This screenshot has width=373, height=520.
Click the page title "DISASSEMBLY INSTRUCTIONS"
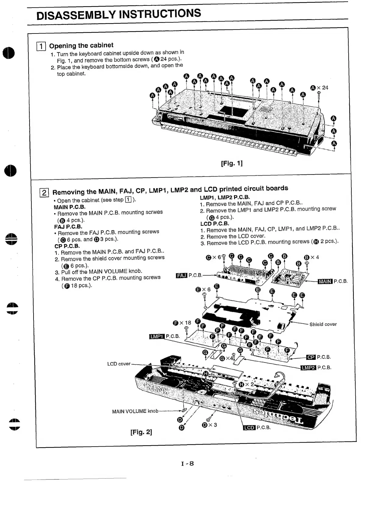tap(119, 14)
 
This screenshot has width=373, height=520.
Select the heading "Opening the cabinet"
tap(81, 46)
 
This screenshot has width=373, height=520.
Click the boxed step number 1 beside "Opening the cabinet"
tap(41, 46)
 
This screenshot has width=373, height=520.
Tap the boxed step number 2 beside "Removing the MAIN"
tap(44, 193)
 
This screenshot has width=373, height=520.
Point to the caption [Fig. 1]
tap(232, 163)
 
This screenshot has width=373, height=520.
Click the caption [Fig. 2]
tap(141, 432)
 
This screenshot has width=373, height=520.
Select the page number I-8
tap(187, 464)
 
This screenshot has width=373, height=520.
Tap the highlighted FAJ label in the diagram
tap(182, 276)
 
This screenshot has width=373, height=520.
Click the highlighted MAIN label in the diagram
tap(325, 281)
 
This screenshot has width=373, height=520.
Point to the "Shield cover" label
tap(323, 324)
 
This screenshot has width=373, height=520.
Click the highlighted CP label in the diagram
tap(311, 357)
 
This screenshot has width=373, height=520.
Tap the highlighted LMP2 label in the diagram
tap(308, 367)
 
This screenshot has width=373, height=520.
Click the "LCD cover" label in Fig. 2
tap(119, 364)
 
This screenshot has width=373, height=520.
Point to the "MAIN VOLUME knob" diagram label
tap(135, 411)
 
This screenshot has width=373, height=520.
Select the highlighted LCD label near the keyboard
tap(249, 428)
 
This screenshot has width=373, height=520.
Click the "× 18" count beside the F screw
tap(186, 323)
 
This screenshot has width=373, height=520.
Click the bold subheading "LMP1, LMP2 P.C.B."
tap(225, 197)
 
